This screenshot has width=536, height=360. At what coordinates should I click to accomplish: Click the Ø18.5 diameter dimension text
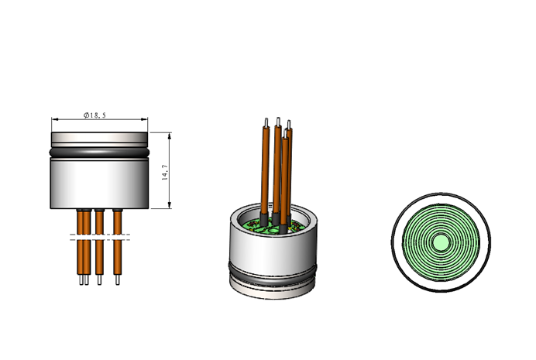coord(94,115)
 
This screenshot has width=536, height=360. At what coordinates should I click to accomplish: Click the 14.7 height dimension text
coord(165,173)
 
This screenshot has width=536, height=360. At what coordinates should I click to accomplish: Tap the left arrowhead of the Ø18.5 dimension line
coord(55,119)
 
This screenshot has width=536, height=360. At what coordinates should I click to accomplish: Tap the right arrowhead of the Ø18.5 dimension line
coord(144,119)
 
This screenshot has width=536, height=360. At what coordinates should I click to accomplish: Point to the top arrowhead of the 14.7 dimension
coord(170,136)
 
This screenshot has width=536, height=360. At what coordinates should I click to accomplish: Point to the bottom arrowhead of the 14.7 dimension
coord(170,205)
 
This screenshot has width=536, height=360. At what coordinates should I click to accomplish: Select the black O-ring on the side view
coord(99,153)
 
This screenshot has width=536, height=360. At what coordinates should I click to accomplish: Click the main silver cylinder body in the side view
coord(99,183)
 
